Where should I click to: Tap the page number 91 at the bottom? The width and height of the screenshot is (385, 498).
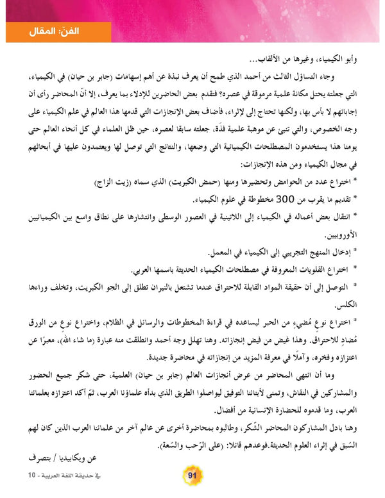(x=193, y=475)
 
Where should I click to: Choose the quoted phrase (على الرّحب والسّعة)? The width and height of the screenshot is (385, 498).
(x=144, y=426)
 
